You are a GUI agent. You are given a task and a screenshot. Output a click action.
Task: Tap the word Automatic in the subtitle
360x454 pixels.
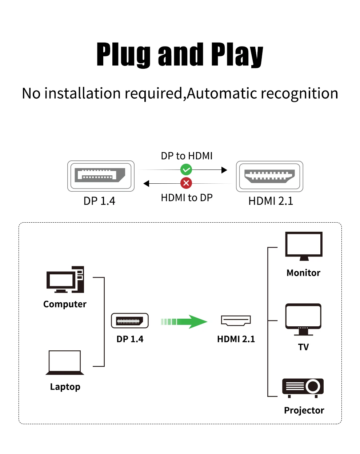click(x=222, y=93)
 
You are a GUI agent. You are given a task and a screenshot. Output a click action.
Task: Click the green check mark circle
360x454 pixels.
click(x=186, y=170)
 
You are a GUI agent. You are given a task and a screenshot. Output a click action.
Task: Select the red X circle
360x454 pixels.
click(x=186, y=183)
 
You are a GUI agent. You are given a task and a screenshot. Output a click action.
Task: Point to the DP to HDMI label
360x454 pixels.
click(x=187, y=156)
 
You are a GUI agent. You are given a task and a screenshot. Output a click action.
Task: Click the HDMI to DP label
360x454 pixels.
click(x=187, y=198)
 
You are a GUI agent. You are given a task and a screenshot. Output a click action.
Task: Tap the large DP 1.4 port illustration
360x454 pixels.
click(x=101, y=176)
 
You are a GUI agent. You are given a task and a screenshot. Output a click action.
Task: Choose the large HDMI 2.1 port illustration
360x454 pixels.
click(x=269, y=176)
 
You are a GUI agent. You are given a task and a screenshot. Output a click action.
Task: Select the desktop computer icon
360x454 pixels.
click(x=65, y=279)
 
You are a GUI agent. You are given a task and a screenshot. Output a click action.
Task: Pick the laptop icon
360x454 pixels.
click(x=65, y=363)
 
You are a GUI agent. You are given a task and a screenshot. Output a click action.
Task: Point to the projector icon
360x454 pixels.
click(x=303, y=388)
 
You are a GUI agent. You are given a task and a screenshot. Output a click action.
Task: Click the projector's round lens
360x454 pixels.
click(x=313, y=386)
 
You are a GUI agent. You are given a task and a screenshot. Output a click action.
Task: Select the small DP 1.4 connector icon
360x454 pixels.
click(x=130, y=321)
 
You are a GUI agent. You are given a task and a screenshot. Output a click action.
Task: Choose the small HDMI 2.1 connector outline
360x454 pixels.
click(x=236, y=320)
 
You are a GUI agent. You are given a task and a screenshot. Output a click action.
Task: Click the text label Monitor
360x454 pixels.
click(x=303, y=273)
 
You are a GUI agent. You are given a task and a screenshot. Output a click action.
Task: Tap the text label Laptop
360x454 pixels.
click(x=65, y=387)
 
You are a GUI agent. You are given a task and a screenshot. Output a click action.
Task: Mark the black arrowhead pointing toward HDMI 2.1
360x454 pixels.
click(x=224, y=170)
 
